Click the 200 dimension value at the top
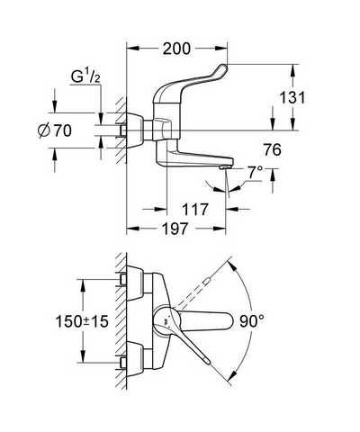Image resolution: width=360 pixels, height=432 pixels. [176, 49]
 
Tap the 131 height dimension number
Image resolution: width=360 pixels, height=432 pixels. [292, 97]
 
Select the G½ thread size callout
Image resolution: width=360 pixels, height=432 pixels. [85, 76]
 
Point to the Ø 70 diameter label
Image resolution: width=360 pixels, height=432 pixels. [55, 130]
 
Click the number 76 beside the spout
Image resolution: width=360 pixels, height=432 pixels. [273, 149]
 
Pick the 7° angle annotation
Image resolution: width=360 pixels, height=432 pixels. [255, 172]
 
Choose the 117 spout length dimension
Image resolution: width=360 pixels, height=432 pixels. [195, 209]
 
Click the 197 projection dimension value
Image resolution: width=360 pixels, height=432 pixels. [175, 229]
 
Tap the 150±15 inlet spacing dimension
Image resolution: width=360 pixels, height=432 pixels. [82, 321]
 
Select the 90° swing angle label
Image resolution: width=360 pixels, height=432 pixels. [252, 321]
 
